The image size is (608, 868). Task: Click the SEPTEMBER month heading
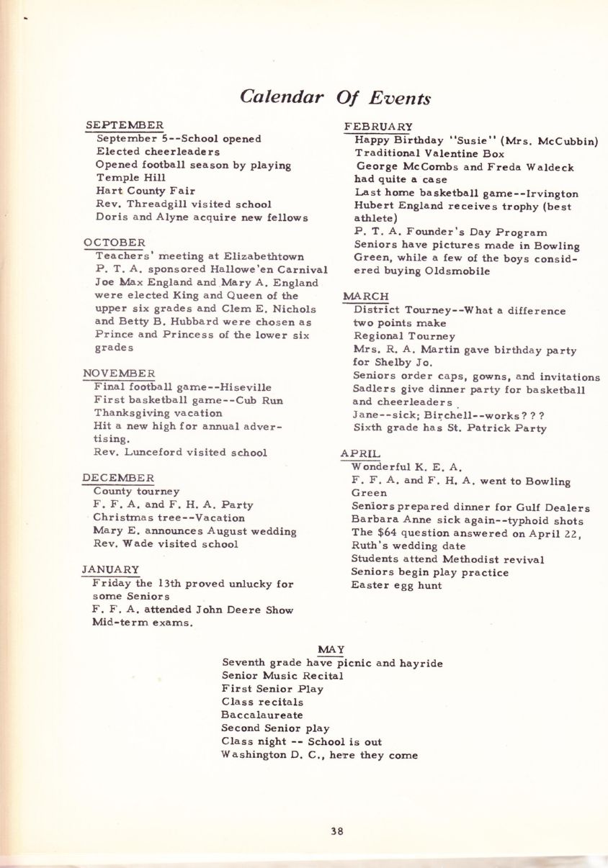coord(124,125)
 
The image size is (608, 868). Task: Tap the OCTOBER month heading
coord(114,243)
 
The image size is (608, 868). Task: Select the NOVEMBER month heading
coord(118,373)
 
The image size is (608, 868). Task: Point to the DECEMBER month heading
coord(117,478)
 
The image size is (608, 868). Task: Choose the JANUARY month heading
coord(110,570)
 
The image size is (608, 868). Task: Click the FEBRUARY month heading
coord(378,127)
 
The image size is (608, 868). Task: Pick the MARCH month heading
coord(366,297)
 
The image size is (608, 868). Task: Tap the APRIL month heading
coord(360,453)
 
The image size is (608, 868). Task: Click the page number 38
coord(337,830)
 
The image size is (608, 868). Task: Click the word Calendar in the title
coord(280,97)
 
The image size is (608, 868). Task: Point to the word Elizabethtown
coord(266,256)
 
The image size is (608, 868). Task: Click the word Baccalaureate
coord(262,715)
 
